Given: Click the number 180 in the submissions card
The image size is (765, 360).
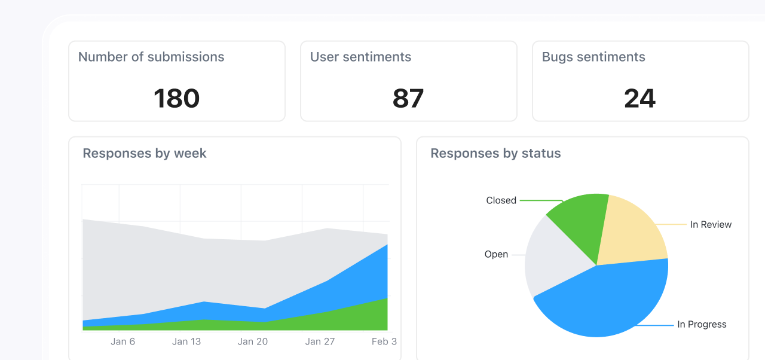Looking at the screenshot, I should pyautogui.click(x=176, y=99).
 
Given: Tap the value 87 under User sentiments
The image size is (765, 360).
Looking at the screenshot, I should pyautogui.click(x=408, y=99).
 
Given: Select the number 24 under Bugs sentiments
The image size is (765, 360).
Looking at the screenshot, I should pyautogui.click(x=639, y=99).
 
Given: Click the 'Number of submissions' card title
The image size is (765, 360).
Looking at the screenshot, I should pyautogui.click(x=151, y=57).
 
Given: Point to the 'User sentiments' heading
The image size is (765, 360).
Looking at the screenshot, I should pyautogui.click(x=360, y=57).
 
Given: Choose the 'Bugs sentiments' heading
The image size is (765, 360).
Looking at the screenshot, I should pyautogui.click(x=593, y=57).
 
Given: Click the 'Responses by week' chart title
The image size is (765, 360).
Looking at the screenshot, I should pyautogui.click(x=145, y=153).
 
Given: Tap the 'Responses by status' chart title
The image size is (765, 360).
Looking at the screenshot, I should pyautogui.click(x=495, y=153).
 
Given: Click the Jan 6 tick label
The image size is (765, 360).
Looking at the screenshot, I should pyautogui.click(x=123, y=341).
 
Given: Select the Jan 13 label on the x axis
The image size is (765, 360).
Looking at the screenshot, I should pyautogui.click(x=186, y=341).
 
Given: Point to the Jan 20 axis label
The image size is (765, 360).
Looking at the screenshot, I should pyautogui.click(x=253, y=341).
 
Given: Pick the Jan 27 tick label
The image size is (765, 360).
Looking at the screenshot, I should pyautogui.click(x=320, y=341).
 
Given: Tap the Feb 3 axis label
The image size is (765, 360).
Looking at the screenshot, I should pyautogui.click(x=384, y=341).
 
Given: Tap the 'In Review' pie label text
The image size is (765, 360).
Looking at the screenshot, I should pyautogui.click(x=711, y=225).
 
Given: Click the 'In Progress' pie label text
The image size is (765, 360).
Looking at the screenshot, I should pyautogui.click(x=702, y=325).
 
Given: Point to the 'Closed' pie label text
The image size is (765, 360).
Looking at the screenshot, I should pyautogui.click(x=501, y=201).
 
